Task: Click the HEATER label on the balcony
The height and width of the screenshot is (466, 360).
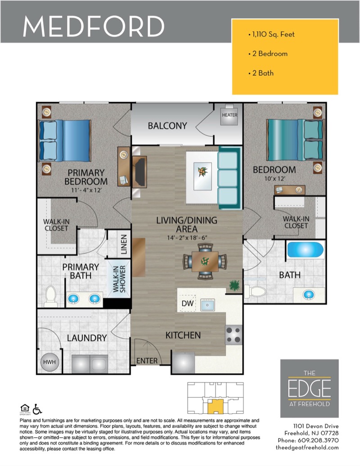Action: [x=229, y=115]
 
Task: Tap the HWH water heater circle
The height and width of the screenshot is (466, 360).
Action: [x=49, y=362]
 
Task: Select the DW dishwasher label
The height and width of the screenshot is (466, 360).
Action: [x=188, y=303]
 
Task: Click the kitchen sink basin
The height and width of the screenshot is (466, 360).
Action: [x=207, y=305]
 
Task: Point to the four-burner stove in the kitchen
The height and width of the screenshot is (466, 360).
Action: [x=234, y=335]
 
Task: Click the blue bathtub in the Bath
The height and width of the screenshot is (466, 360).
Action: [x=306, y=249]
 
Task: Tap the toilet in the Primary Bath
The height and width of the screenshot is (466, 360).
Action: [x=51, y=296]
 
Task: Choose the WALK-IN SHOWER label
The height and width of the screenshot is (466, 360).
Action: [x=119, y=279]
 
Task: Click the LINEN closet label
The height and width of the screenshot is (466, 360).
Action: [x=124, y=244]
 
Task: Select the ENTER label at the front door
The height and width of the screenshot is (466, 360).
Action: [x=147, y=361]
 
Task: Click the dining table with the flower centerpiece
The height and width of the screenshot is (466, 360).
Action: [x=205, y=261]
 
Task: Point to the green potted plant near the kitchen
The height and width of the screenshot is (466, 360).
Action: [x=234, y=285]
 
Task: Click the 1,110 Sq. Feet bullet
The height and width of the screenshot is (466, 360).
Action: [x=271, y=35]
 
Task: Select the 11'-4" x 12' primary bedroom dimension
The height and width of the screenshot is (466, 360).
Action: [x=86, y=190]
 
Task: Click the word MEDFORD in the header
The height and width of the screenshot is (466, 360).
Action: [x=94, y=26]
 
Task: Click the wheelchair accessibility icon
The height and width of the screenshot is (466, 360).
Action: [x=37, y=409]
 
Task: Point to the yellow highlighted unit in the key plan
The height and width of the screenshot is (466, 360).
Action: [x=216, y=406]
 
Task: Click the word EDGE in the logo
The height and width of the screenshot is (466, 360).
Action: [x=309, y=389]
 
